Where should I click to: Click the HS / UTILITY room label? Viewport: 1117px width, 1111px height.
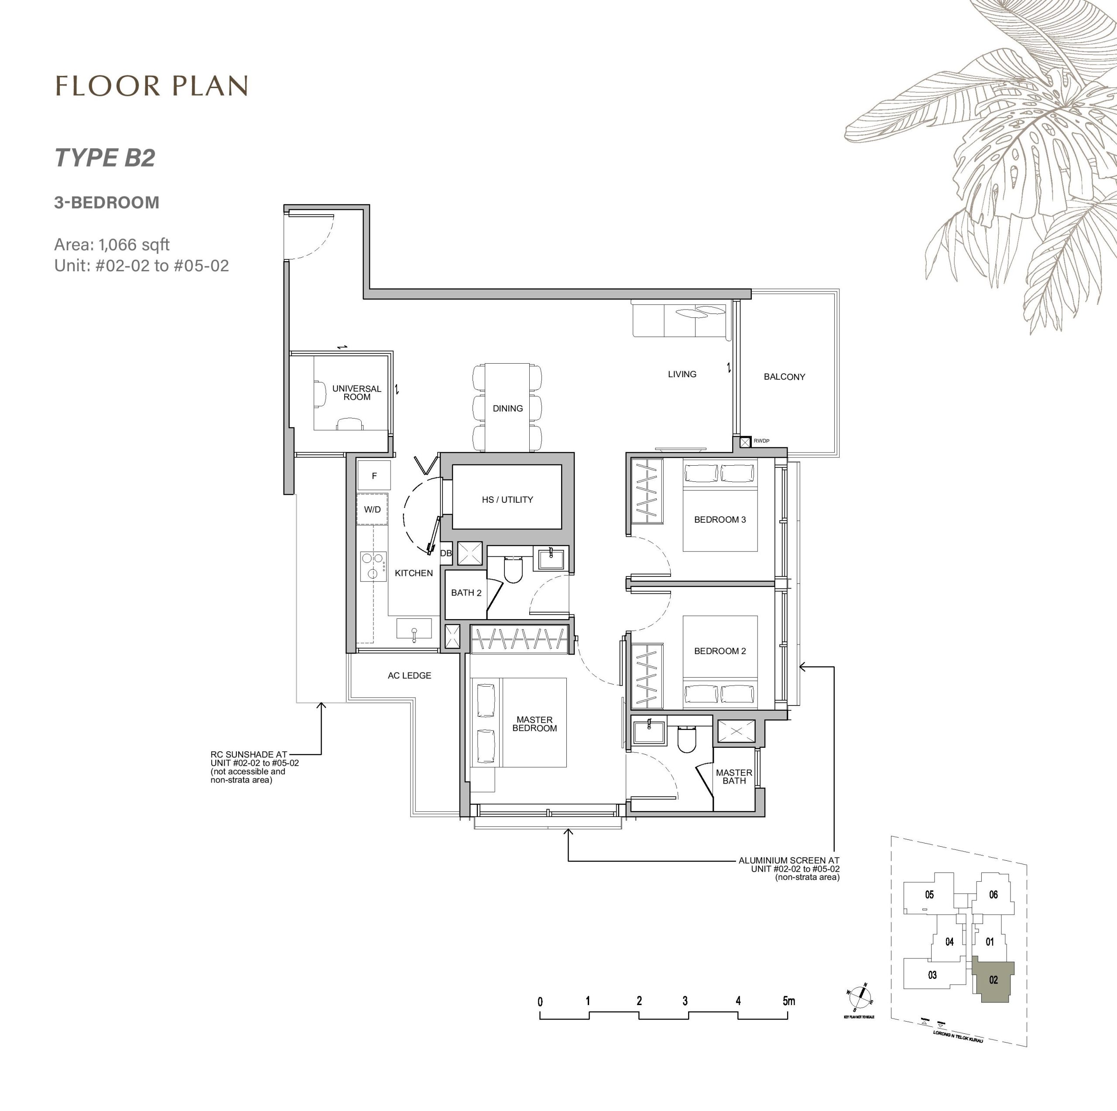click(x=507, y=500)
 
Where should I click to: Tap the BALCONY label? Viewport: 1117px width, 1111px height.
click(x=784, y=377)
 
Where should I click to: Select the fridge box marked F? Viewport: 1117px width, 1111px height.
click(x=373, y=476)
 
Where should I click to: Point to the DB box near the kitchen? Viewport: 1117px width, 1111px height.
click(x=446, y=553)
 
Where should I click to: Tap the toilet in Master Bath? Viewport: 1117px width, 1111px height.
click(x=686, y=740)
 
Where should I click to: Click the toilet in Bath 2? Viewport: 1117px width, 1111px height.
click(x=513, y=569)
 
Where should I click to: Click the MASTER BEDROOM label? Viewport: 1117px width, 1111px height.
click(x=534, y=724)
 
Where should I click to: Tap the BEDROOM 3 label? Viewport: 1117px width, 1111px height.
click(x=720, y=519)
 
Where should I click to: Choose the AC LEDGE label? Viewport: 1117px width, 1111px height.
click(x=409, y=675)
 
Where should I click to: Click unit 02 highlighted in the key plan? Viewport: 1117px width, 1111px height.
click(x=993, y=979)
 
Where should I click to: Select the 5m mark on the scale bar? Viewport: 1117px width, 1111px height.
click(x=788, y=1001)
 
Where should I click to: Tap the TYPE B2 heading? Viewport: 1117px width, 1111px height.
click(x=105, y=158)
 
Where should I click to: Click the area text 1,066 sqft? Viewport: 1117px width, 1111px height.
click(x=134, y=245)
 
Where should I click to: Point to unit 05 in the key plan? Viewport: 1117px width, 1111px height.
click(x=929, y=895)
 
